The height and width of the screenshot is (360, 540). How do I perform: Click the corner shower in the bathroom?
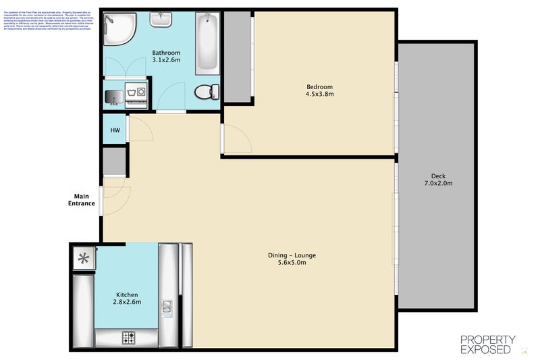click(x=120, y=28)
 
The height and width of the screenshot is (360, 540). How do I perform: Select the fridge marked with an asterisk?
click(x=84, y=257)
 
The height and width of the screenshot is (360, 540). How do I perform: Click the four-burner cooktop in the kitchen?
click(x=129, y=336)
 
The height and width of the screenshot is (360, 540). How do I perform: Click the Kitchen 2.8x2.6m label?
click(x=127, y=299)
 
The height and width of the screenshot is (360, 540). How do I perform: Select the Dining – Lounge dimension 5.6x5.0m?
click(x=292, y=263)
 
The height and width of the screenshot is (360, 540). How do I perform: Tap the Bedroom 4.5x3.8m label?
click(x=320, y=91)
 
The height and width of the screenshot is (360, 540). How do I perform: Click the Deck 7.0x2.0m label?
click(x=438, y=179)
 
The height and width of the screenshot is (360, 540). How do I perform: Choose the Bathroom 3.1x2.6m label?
click(x=166, y=56)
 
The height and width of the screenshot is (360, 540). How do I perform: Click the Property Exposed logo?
click(x=488, y=344)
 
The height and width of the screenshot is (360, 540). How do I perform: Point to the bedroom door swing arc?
click(x=238, y=139)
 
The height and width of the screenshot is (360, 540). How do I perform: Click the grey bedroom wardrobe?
click(x=237, y=57)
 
